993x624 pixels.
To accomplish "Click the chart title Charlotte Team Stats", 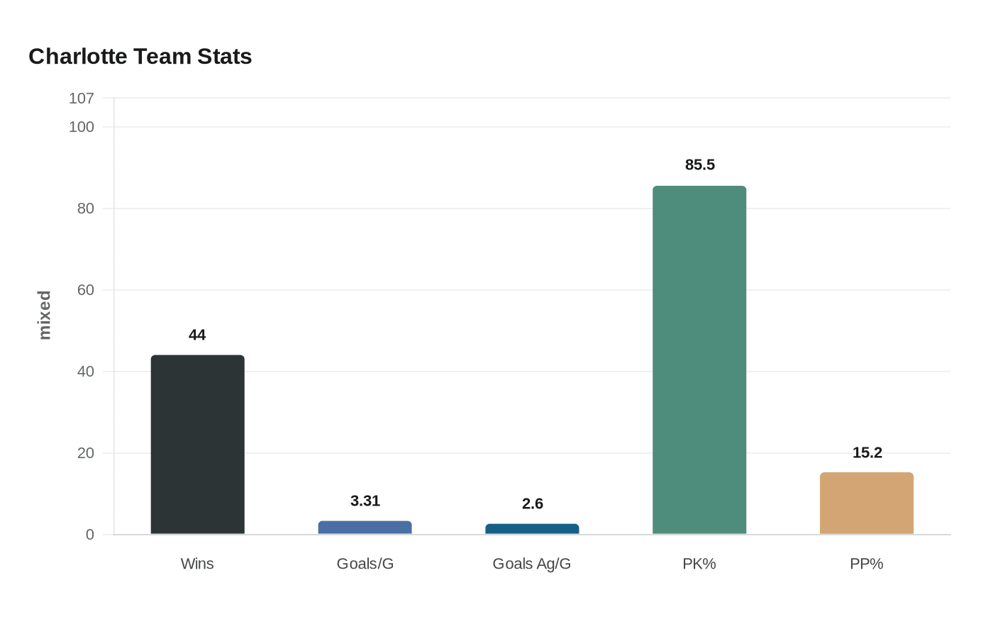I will (140, 57).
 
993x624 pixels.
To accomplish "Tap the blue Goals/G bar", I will (365, 528).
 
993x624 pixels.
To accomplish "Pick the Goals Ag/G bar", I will (532, 529).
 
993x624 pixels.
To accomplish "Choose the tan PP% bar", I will (867, 503).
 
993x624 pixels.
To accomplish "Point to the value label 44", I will (197, 335).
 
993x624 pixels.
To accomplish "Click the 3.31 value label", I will (365, 501).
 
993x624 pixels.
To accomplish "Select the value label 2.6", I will (533, 503).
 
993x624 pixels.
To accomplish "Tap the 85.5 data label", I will (700, 165).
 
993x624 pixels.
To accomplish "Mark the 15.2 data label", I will (867, 452).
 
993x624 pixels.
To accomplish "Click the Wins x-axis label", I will (197, 564).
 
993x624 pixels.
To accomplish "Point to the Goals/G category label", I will (365, 564).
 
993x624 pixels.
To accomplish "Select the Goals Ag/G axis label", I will (532, 564).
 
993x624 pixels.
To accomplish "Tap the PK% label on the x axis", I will (699, 564).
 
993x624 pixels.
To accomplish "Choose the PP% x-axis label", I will (867, 564).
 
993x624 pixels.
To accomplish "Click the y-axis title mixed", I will (45, 315).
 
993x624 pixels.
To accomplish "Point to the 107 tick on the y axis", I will (82, 99).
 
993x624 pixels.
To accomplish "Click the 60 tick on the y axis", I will (86, 290).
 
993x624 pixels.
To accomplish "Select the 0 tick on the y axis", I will (90, 535).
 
